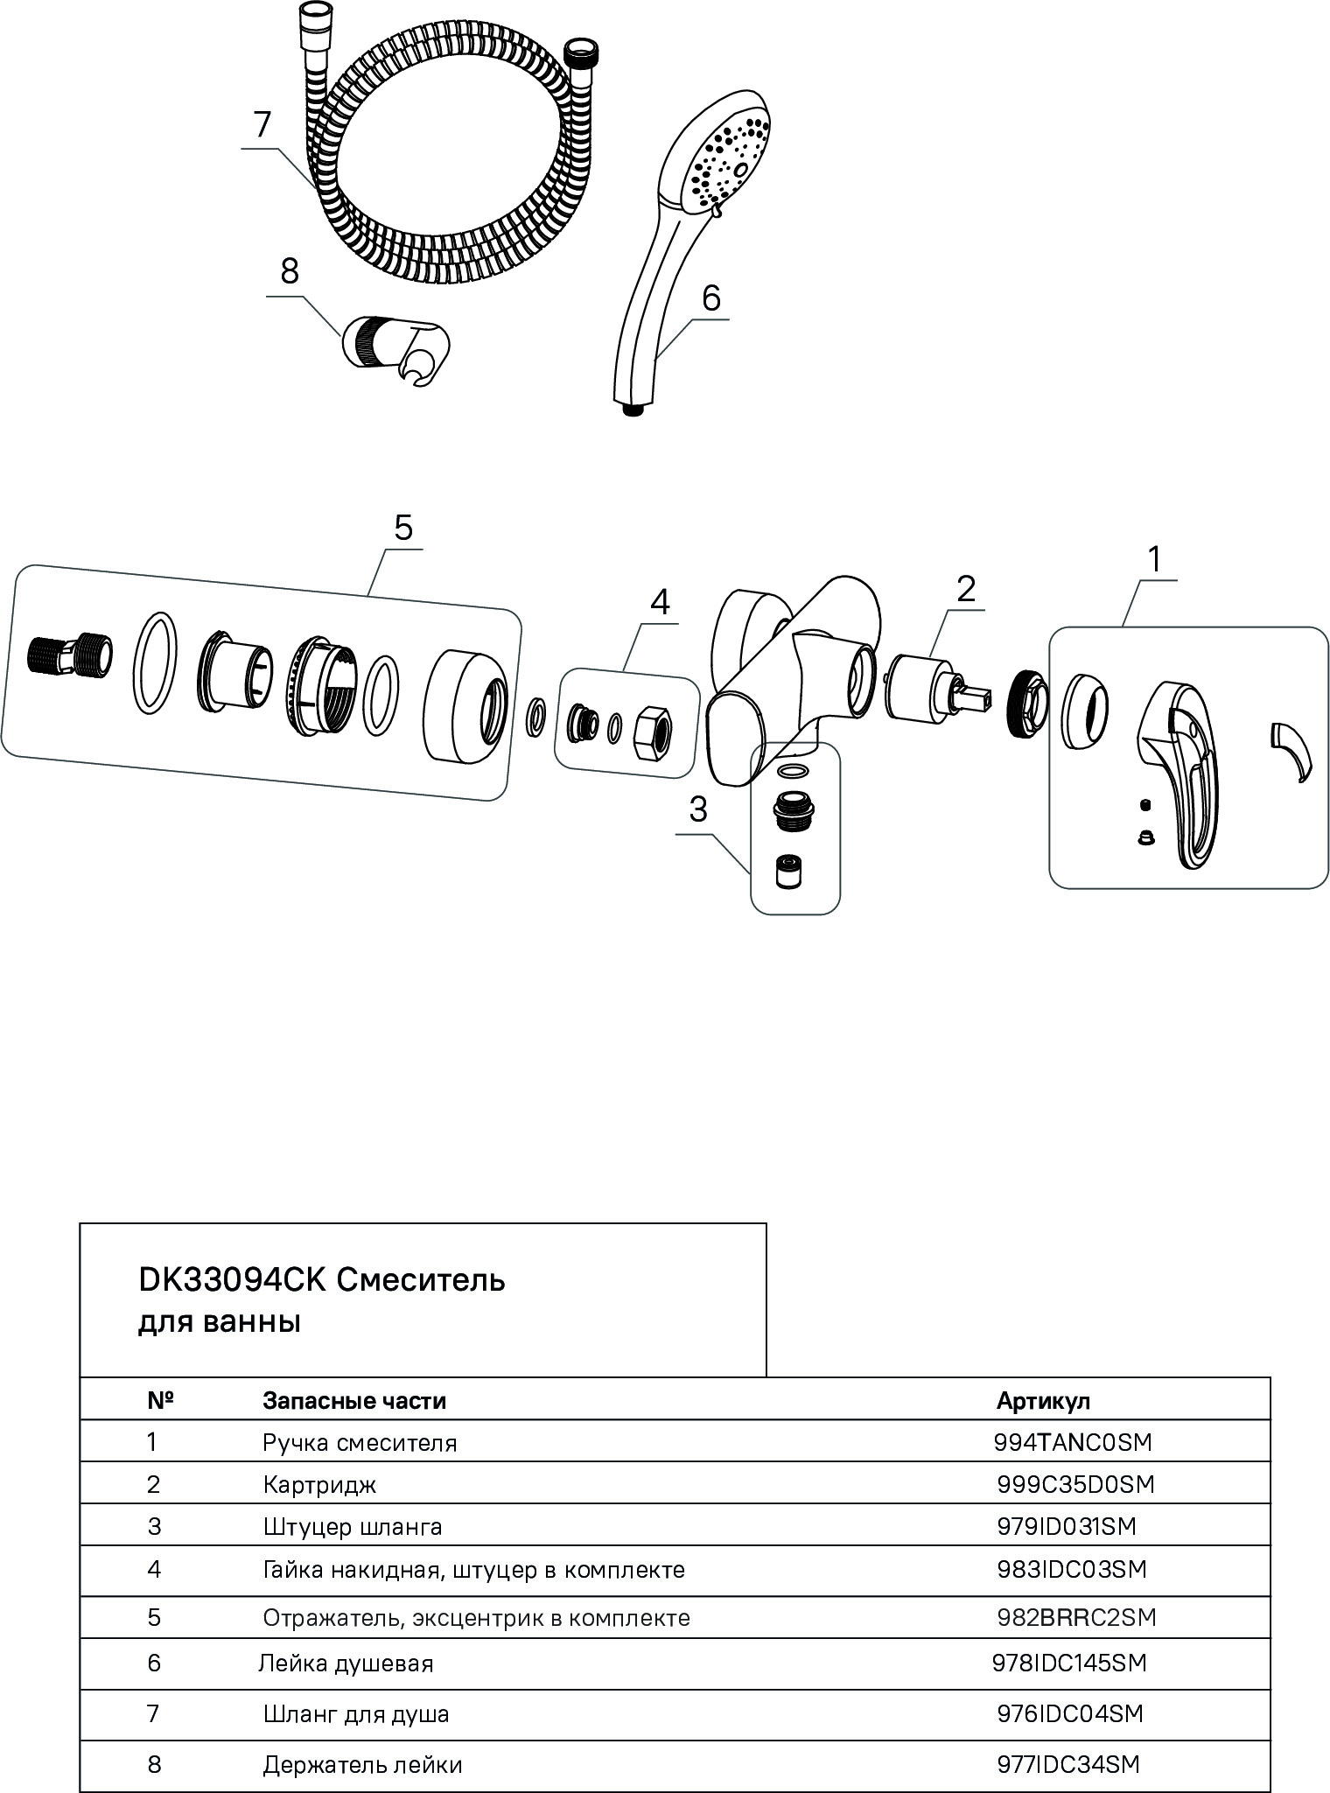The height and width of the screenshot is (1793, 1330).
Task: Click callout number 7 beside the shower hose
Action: pos(263,126)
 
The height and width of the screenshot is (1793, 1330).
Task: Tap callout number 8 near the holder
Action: pos(290,272)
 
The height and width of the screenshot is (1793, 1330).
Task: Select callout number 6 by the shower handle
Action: pos(710,298)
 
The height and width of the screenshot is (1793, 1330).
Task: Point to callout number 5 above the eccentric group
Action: pos(402,528)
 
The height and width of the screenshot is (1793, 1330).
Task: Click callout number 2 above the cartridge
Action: pos(965,589)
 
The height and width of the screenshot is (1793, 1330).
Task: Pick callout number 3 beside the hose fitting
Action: pos(697,810)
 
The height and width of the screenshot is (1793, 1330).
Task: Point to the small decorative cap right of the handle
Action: pos(1292,749)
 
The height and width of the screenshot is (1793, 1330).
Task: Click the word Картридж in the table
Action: pos(319,1484)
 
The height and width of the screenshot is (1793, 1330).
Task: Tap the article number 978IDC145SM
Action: pos(1069,1662)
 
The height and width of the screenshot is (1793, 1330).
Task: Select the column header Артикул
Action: pos(1043,1400)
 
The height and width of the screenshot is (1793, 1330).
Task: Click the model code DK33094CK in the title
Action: pos(232,1281)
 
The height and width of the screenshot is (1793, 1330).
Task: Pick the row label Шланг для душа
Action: pos(356,1713)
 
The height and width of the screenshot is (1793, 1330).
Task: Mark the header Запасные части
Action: pos(354,1400)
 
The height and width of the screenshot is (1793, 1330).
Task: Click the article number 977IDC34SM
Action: pos(1068,1764)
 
